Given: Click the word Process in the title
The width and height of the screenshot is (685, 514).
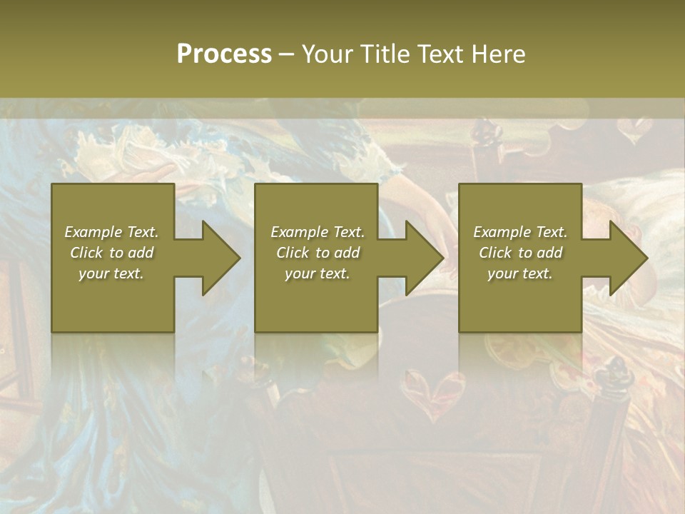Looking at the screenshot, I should (x=224, y=54).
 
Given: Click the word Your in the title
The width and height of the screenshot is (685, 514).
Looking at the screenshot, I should (x=326, y=54).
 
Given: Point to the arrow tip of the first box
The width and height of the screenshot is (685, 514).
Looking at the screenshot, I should (x=238, y=258).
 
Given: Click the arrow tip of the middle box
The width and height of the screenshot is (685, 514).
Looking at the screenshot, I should (x=442, y=258).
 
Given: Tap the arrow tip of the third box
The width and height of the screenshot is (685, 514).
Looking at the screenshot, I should (x=646, y=258).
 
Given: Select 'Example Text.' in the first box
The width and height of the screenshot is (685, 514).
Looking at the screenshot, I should (x=111, y=232).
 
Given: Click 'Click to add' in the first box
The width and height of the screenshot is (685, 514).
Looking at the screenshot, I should (x=111, y=253).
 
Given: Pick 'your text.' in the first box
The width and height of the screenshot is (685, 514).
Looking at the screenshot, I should (x=111, y=273).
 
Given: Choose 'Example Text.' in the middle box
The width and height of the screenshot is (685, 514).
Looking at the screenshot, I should (x=318, y=232).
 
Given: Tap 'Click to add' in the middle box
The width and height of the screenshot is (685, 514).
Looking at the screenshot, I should (x=318, y=253).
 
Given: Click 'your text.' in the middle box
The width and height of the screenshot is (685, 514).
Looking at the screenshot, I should (x=318, y=273).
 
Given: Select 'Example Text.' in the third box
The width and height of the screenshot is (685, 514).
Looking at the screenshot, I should (x=520, y=232).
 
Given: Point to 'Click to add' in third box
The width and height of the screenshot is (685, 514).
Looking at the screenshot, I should (x=520, y=253).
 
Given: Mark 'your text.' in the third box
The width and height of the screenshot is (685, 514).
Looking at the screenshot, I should (x=520, y=273).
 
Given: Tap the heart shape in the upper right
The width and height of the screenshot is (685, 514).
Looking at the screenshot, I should (x=632, y=131).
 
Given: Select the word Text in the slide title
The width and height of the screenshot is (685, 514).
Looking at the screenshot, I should (x=437, y=54).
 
